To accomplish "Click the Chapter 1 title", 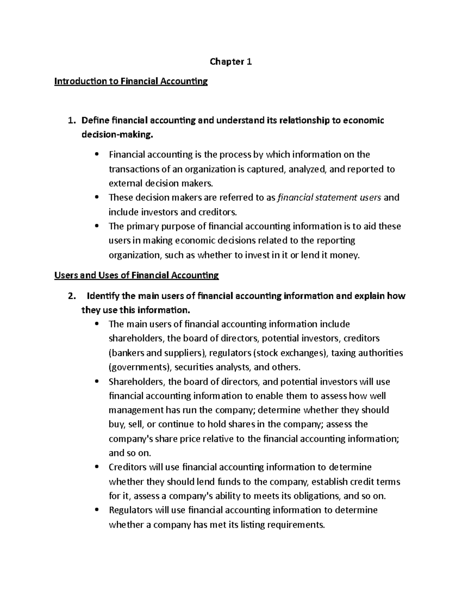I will coord(231,62).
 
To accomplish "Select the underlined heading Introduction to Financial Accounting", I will coord(131,81).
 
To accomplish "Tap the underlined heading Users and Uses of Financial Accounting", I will coord(137,275).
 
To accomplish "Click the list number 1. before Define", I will coord(70,121).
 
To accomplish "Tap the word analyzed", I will coord(307,169).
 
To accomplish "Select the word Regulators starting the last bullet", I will coord(131,511).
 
